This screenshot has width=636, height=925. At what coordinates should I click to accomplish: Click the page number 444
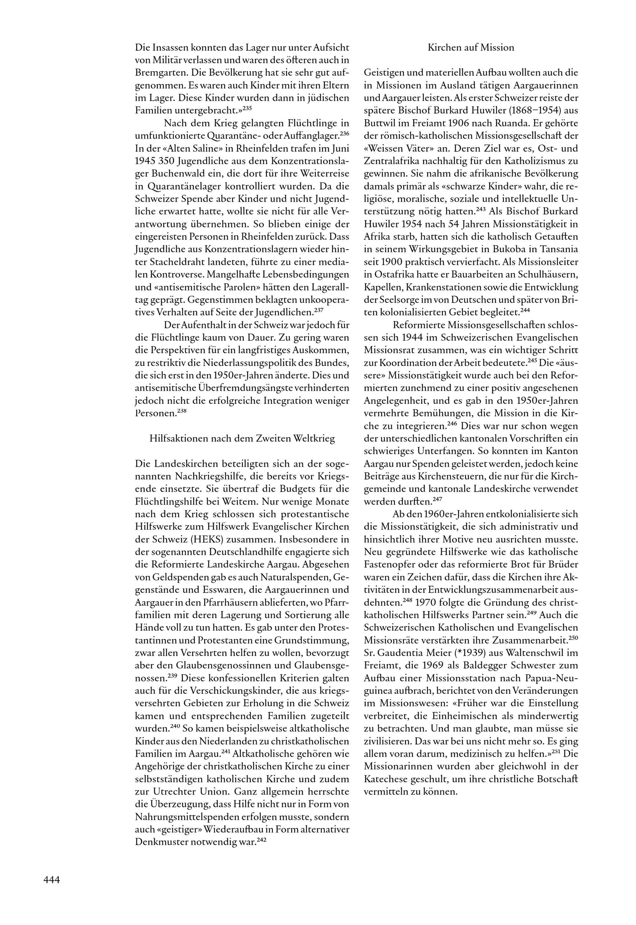(52, 880)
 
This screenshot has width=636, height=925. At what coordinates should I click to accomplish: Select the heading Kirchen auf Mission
(471, 48)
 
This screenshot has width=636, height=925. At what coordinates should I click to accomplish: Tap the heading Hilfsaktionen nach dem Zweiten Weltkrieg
(242, 438)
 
